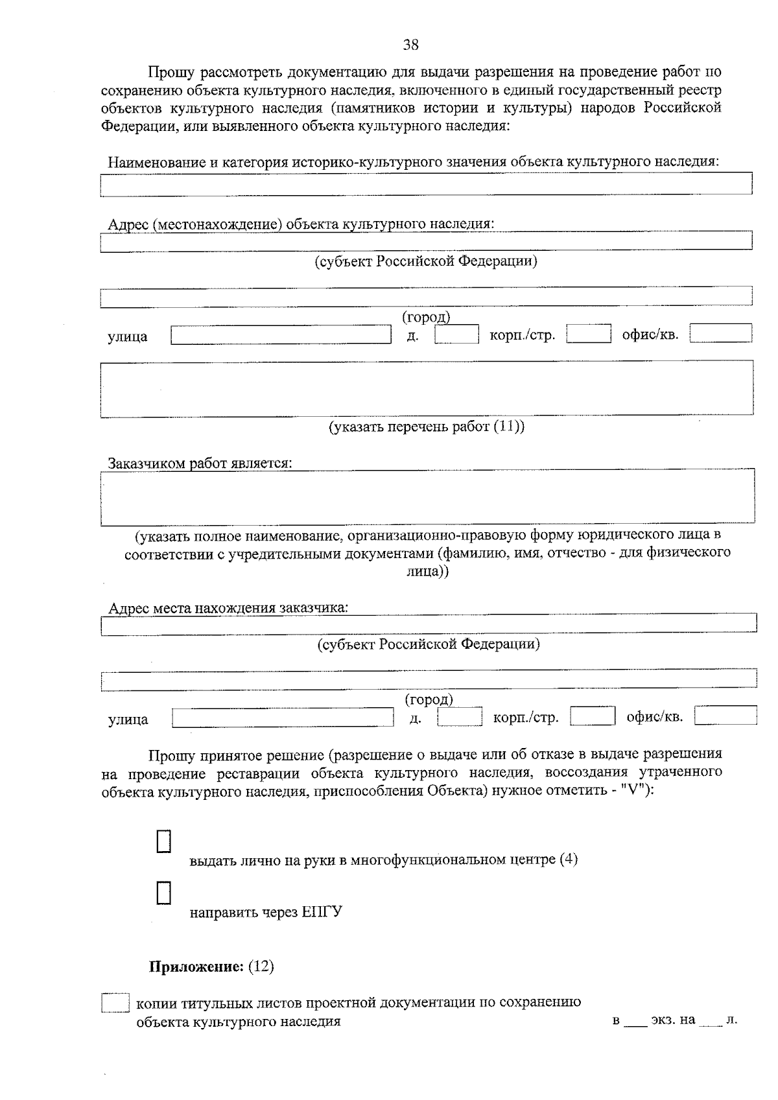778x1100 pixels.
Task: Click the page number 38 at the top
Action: tap(411, 45)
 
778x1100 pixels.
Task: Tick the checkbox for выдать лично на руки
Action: tap(164, 841)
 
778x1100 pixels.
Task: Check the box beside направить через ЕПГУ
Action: tap(164, 893)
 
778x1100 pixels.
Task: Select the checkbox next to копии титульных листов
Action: tap(115, 1003)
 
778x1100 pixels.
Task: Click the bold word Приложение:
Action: tap(196, 966)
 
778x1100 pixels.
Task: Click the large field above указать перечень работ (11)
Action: tap(427, 389)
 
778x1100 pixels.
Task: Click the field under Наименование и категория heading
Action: tap(426, 183)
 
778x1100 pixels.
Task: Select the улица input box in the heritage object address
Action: tap(281, 335)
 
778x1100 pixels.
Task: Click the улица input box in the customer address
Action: tap(283, 718)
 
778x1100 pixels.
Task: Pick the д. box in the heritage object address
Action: tap(456, 334)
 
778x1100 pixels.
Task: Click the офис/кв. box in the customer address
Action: tap(725, 716)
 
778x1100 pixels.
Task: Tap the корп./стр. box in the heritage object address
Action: tap(589, 334)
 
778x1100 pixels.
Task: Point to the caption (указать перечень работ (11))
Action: tap(426, 427)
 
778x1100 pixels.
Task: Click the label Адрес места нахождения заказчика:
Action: tap(228, 608)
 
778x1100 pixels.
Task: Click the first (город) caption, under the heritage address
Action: tap(426, 317)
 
